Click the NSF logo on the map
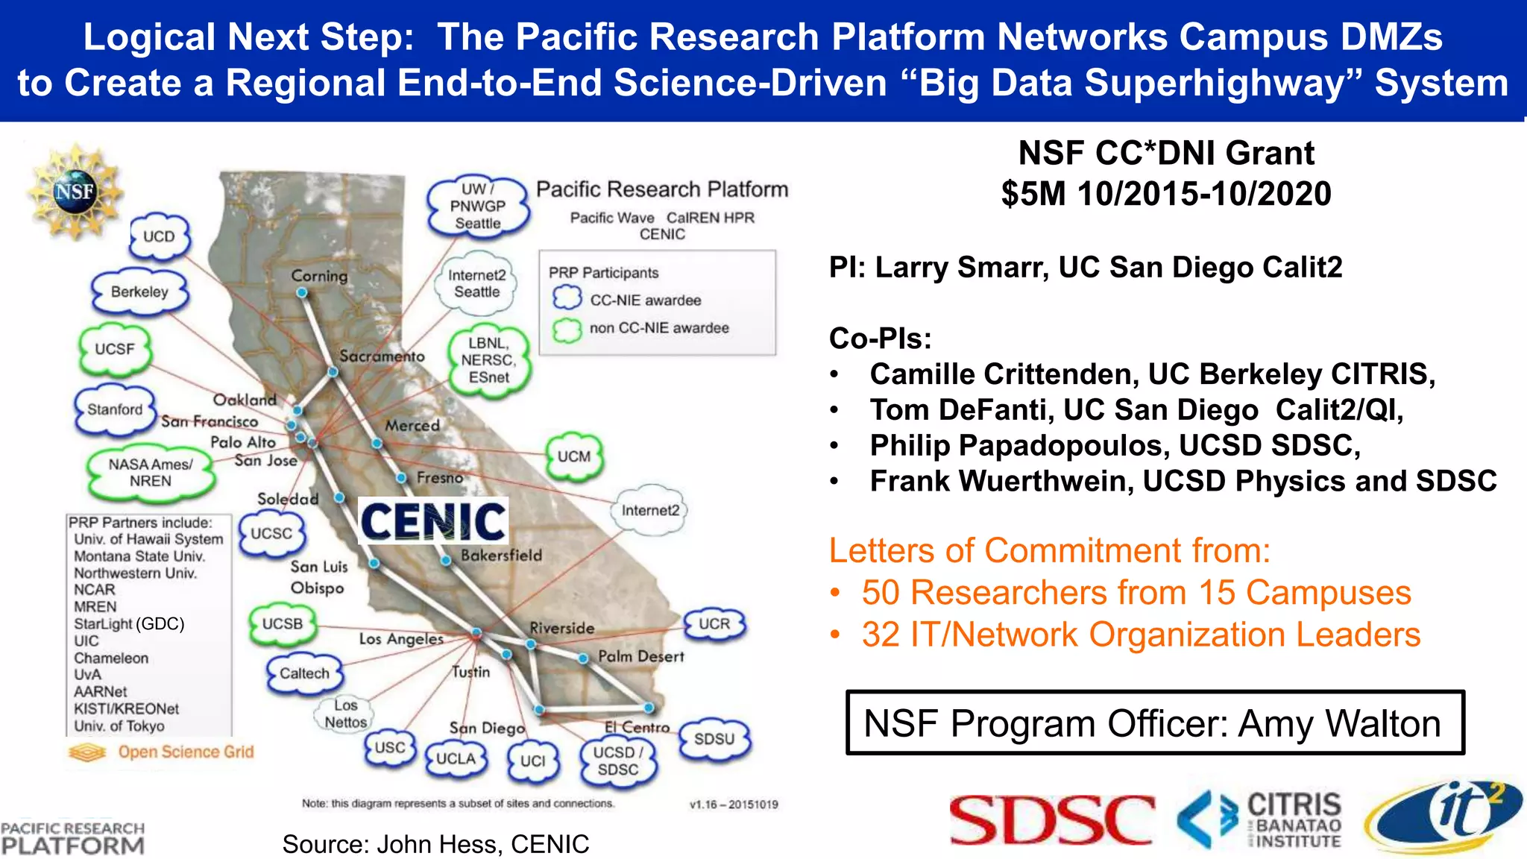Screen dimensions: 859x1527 click(75, 192)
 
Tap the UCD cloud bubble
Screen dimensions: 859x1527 click(159, 236)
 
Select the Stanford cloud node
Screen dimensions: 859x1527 click(114, 409)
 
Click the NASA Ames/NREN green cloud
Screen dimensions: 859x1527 click(151, 473)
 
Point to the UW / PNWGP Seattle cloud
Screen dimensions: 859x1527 click(478, 206)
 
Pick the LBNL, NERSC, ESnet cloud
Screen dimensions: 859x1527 click(488, 360)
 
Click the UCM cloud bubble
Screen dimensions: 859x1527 click(573, 456)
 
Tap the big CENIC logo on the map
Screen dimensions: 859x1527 click(433, 520)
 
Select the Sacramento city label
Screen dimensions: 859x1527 click(382, 356)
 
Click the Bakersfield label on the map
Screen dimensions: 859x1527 click(501, 556)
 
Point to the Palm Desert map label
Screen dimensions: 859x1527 click(640, 656)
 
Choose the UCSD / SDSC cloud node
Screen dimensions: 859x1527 click(618, 761)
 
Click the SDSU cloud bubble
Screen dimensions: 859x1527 click(714, 739)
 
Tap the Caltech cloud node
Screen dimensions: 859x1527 click(304, 673)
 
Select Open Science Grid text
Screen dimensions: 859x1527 click(186, 752)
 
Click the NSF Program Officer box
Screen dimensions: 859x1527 click(1154, 723)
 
